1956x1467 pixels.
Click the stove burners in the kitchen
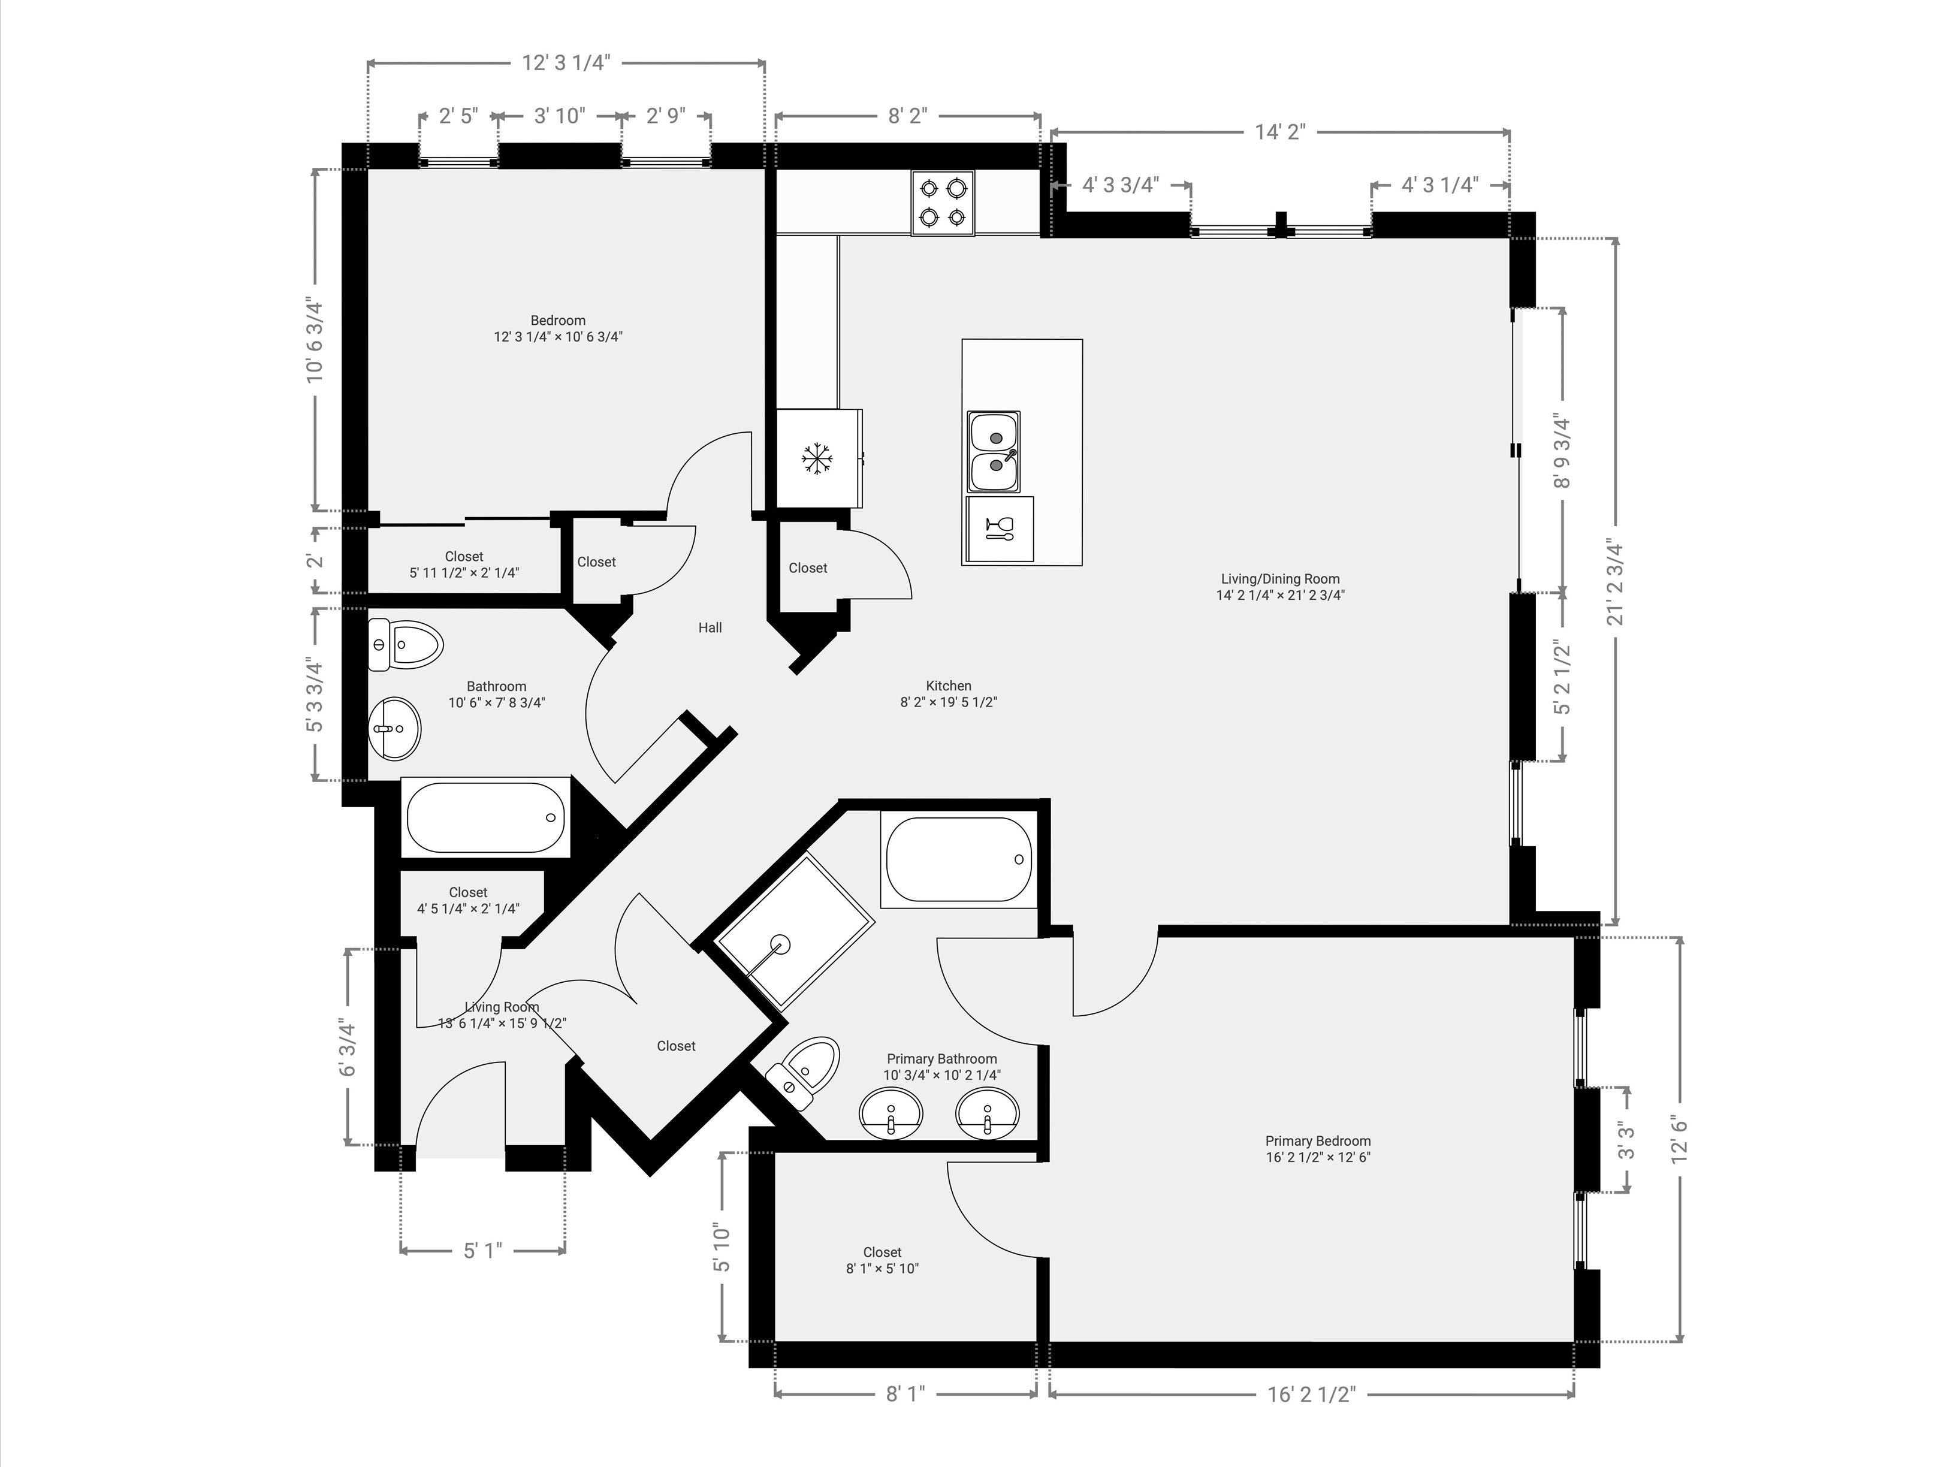pos(943,203)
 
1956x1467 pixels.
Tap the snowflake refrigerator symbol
pos(817,458)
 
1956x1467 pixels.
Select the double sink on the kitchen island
pos(994,452)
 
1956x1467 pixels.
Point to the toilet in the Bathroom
pos(405,644)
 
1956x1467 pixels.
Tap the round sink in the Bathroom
pos(394,729)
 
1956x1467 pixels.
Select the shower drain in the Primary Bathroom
pos(780,943)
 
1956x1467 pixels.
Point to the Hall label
pos(710,628)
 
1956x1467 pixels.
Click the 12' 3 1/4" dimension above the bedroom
pos(566,63)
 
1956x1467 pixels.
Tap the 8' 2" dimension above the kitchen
pos(907,116)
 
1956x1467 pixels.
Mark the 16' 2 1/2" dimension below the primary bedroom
pos(1311,1394)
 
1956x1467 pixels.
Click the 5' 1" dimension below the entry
pos(483,1250)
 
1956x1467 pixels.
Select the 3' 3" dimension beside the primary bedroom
pos(1625,1141)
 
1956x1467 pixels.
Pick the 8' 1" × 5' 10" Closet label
pos(883,1260)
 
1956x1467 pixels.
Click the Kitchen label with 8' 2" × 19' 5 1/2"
pos(949,694)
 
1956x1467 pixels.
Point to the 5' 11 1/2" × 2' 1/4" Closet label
pos(464,564)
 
